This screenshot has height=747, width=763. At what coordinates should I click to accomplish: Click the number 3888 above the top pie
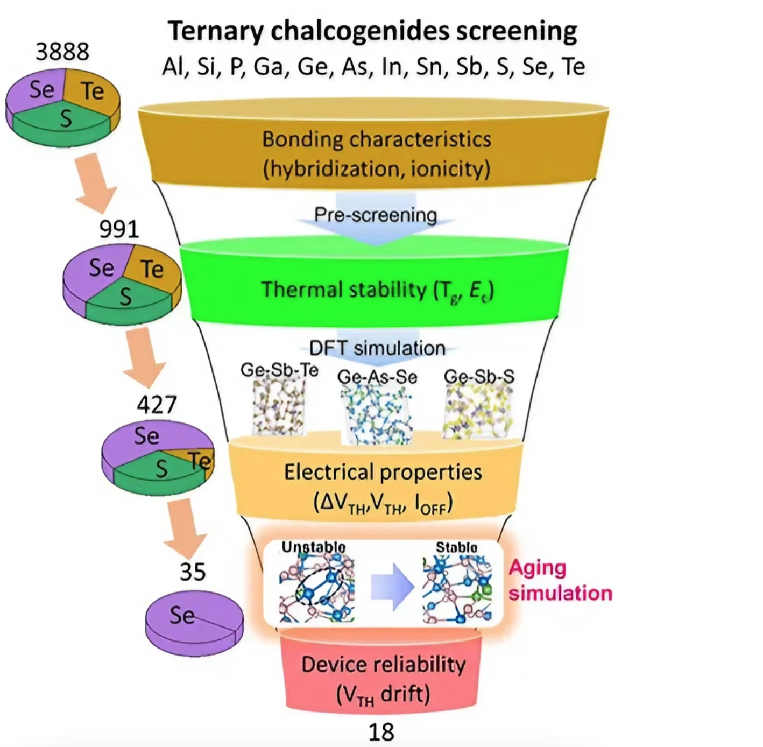click(62, 52)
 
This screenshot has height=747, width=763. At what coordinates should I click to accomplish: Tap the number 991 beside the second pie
click(119, 229)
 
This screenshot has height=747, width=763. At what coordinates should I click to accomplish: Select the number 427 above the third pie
click(157, 404)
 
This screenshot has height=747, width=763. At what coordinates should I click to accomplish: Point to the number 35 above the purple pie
click(193, 572)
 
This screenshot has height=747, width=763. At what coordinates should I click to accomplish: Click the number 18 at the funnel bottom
click(381, 732)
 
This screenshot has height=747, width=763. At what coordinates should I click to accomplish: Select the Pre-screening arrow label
click(376, 215)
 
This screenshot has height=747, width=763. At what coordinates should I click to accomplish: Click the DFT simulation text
click(377, 348)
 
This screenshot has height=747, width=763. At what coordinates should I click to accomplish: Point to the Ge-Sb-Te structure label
click(279, 370)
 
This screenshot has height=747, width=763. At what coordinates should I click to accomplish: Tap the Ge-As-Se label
click(377, 377)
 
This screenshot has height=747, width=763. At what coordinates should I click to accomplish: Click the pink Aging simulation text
click(560, 580)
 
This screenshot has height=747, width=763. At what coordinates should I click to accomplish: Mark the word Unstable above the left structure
click(313, 547)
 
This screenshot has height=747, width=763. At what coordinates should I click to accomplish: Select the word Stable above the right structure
click(456, 547)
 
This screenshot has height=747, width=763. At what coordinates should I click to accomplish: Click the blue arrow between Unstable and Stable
click(392, 587)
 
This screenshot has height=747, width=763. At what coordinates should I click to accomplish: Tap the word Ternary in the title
click(216, 31)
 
